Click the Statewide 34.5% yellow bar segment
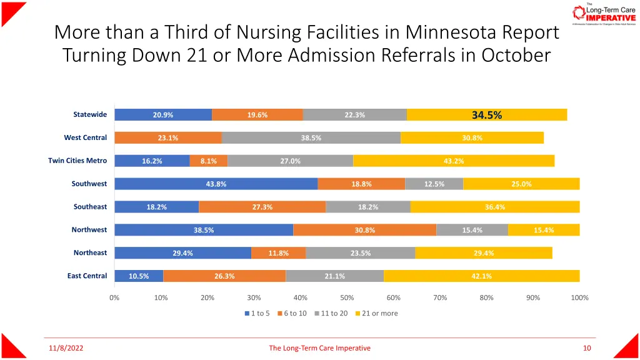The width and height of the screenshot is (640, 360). pos(486,115)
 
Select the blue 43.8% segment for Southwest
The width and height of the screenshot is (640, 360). pos(216,184)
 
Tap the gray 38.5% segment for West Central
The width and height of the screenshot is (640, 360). pos(311,138)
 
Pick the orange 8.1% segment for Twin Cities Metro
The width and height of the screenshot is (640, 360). pos(209,161)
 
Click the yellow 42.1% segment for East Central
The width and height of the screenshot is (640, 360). pos(481,276)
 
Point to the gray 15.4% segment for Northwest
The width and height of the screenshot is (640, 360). pos(472,230)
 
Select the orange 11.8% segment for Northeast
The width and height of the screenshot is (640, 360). pos(278,253)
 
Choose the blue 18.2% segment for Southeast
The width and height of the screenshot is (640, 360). pos(156,207)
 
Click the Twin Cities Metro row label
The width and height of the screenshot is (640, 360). pos(77,161)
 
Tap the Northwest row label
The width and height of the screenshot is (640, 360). pos(89,230)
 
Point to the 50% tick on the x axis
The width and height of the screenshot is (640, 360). pos(347,297)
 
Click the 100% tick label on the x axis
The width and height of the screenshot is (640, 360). pos(579,297)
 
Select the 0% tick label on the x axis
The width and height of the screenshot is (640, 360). pos(114,297)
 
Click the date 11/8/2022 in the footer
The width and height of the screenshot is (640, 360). pos(66,348)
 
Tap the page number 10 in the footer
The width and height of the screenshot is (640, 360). pos(586,348)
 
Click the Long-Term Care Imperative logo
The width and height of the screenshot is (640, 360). pos(603,14)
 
